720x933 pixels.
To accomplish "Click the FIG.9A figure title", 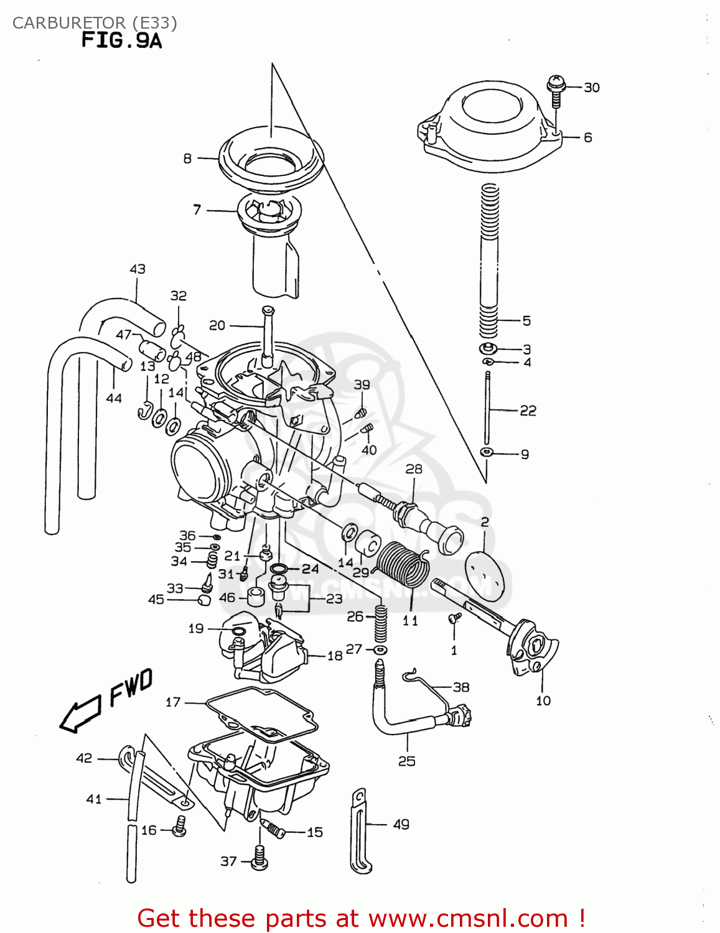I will pos(121,41).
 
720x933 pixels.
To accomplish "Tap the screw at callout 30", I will pos(556,88).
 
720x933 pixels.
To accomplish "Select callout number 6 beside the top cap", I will pos(587,137).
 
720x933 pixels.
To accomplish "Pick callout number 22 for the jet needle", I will pos(528,411).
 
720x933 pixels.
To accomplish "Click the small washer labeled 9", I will pos(487,452).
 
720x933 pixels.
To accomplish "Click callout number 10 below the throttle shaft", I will pos(543,701).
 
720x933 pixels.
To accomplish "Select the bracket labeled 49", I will pos(360,830).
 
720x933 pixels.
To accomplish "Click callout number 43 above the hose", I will pos(138,269).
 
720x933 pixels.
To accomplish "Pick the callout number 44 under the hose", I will pos(114,398).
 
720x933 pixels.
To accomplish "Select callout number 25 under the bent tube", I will pos(406,761).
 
